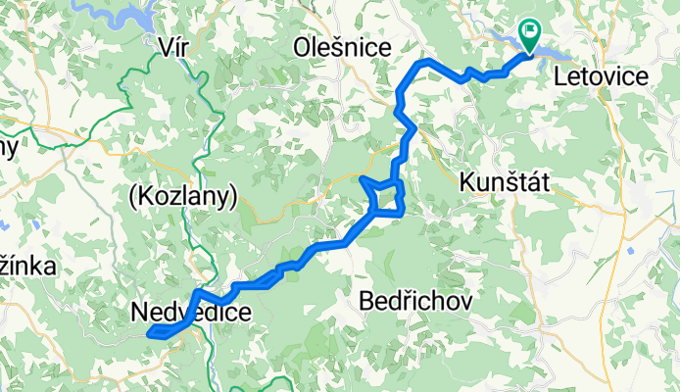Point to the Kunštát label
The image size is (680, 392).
(507, 181)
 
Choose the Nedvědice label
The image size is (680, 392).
(190, 313)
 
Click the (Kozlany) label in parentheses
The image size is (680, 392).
(183, 197)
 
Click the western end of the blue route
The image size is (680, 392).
(150, 335)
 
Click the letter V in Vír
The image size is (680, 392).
(165, 45)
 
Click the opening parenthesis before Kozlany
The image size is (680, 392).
(132, 197)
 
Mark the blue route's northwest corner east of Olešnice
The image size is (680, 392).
(420, 64)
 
